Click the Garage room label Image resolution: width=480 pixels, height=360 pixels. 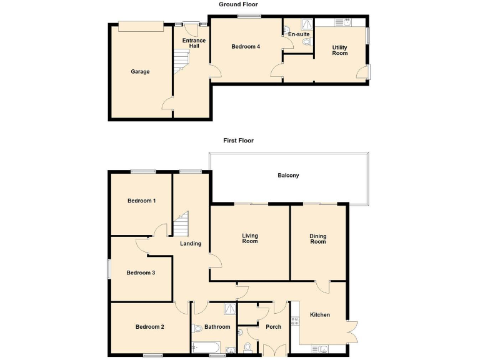[x=140, y=72]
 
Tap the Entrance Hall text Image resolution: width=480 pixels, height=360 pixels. [x=194, y=43]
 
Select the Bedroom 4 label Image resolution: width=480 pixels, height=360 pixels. [x=246, y=47]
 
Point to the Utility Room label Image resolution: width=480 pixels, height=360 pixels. [x=340, y=50]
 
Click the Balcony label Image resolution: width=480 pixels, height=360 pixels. [x=288, y=176]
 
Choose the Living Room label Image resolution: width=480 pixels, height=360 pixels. [x=250, y=238]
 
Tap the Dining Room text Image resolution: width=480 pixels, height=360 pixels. [x=318, y=238]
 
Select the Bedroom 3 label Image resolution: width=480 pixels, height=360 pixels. [x=141, y=272]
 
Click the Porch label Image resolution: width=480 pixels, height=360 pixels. [x=274, y=327]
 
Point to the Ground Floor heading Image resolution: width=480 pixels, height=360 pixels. [x=238, y=4]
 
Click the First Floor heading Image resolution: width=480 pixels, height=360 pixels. [x=239, y=141]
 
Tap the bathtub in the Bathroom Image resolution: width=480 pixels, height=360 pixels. [x=206, y=347]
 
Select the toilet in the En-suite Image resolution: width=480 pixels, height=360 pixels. [x=306, y=42]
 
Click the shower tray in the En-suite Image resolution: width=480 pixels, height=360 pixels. [x=307, y=24]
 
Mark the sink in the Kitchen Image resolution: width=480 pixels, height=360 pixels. [x=323, y=349]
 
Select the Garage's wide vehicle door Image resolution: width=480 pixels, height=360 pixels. [x=141, y=25]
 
